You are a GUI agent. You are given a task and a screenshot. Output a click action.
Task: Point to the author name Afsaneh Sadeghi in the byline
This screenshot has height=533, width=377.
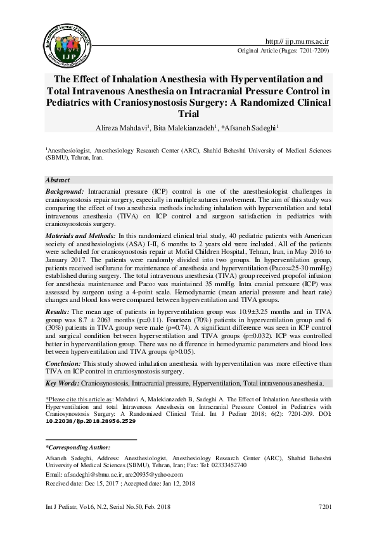[251, 127]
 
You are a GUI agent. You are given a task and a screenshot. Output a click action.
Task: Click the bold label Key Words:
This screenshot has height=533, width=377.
[62, 383]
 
